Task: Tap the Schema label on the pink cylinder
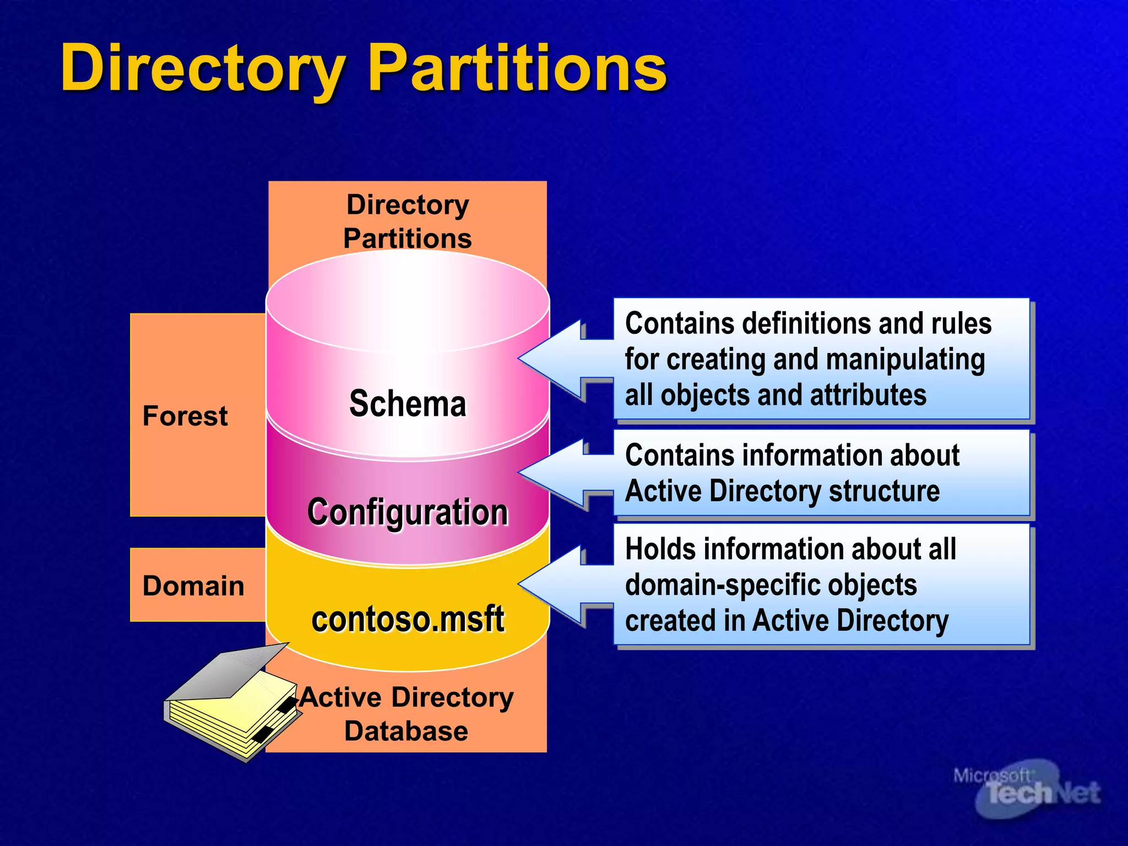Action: (x=408, y=404)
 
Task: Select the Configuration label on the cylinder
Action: (x=408, y=512)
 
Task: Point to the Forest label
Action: (x=185, y=416)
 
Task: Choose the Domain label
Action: (x=193, y=585)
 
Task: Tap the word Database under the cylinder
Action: (x=406, y=731)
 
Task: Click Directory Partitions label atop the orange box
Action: (x=408, y=221)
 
